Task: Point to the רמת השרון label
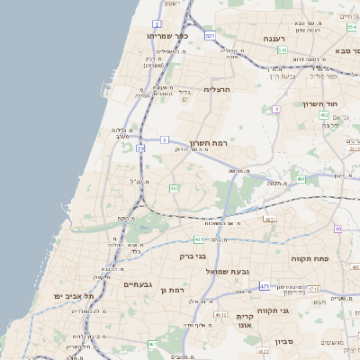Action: point(212,144)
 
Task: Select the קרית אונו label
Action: point(245,321)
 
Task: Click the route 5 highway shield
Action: point(165,139)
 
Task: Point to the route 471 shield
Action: point(265,286)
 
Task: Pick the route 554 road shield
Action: point(352,26)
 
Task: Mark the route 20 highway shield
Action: point(141,148)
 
